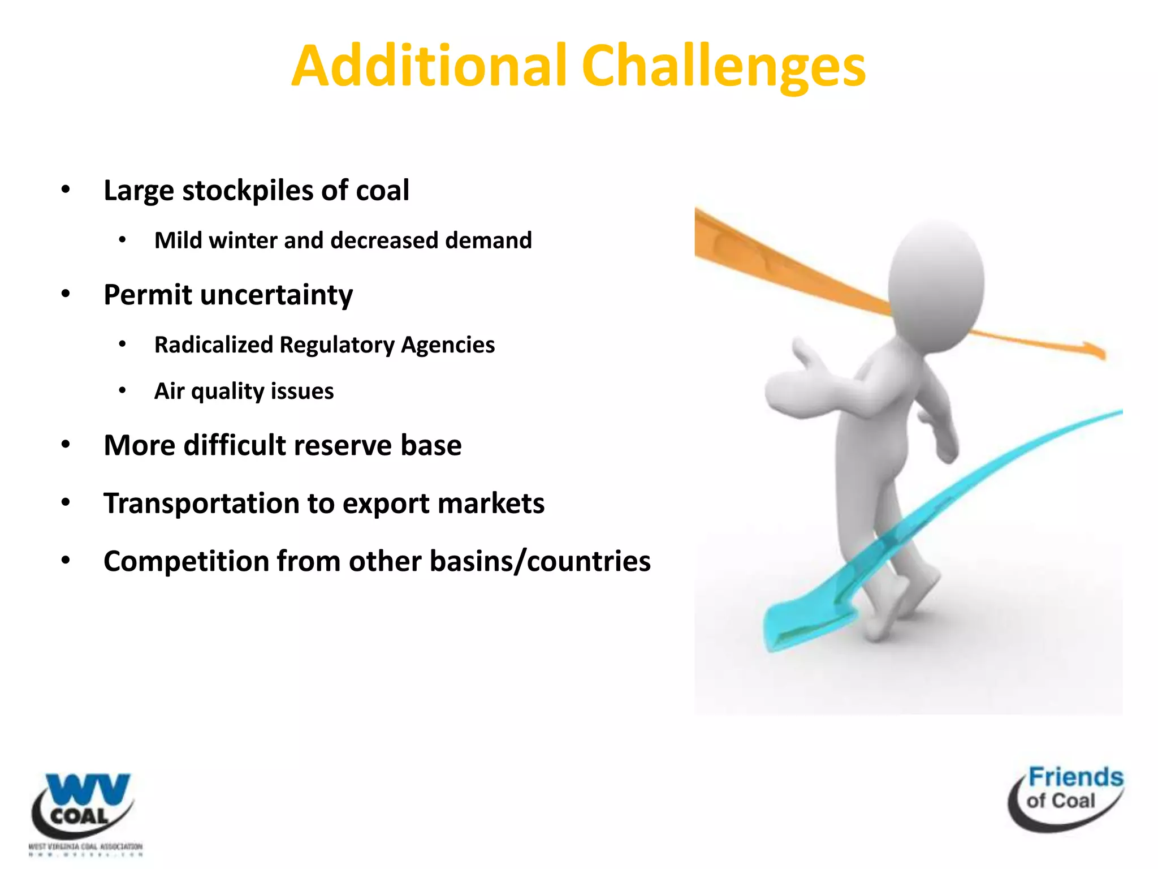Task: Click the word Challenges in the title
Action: point(723,67)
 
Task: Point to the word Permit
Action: point(147,295)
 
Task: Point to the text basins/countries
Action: point(540,561)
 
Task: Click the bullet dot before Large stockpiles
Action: point(66,190)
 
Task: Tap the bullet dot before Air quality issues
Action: point(122,390)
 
